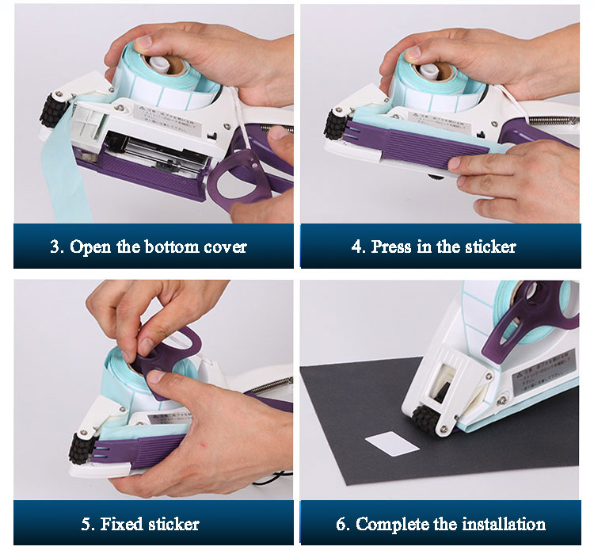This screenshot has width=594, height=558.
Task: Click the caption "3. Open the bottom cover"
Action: point(148,247)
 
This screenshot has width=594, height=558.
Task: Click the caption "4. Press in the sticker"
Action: point(433,247)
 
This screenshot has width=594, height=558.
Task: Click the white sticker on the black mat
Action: point(392,444)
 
